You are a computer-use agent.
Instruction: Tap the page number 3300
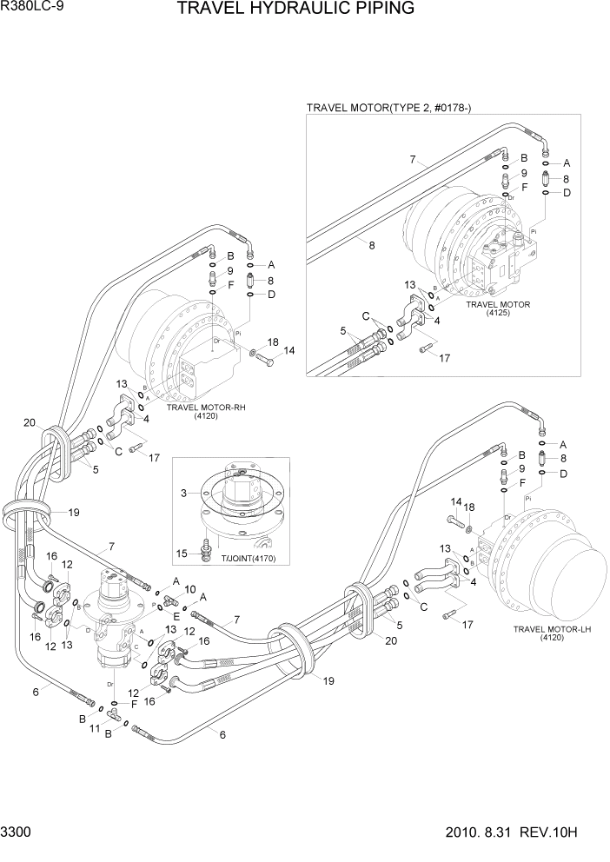17,832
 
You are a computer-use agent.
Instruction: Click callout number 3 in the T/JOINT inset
182,494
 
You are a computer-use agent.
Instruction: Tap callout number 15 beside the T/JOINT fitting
182,553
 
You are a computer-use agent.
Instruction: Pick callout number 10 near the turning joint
189,589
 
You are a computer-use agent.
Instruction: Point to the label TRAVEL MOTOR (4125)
498,309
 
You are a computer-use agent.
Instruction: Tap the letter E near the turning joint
176,617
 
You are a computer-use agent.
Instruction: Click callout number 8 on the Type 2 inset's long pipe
371,246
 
